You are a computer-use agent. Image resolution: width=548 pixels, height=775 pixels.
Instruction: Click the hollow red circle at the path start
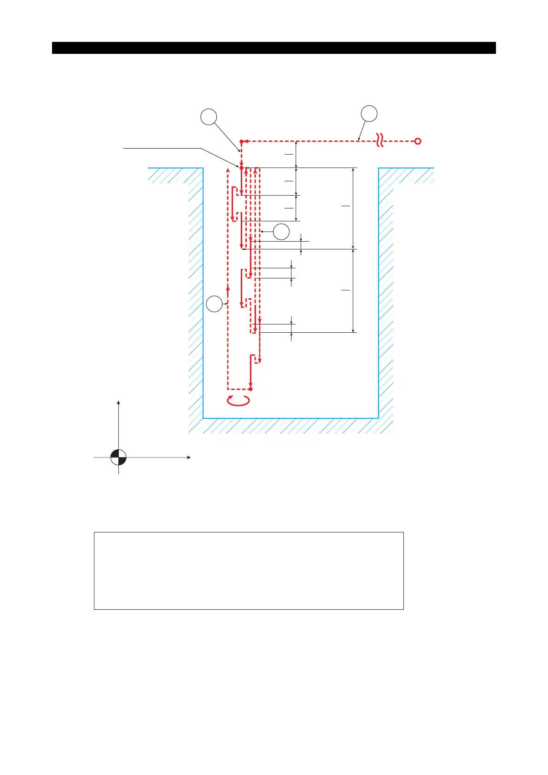point(418,141)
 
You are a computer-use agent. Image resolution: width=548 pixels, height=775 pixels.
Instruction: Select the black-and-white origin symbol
point(118,457)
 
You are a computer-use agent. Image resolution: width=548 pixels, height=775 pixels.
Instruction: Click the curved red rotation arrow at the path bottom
point(239,401)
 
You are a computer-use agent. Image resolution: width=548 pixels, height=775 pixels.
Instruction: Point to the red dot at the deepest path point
point(251,389)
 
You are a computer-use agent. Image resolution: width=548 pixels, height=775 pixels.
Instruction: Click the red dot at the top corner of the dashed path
point(241,141)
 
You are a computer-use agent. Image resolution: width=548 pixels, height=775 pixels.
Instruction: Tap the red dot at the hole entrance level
point(241,168)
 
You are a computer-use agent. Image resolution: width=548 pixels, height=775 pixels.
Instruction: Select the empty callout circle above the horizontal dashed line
point(369,114)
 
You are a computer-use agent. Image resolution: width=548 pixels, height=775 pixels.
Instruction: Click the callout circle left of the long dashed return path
point(214,304)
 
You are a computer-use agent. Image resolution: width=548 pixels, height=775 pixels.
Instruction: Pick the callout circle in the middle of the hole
point(281,231)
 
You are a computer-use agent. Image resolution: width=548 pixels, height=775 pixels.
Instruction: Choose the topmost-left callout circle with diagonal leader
point(209,117)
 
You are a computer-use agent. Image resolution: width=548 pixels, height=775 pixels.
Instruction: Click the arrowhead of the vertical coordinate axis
point(119,403)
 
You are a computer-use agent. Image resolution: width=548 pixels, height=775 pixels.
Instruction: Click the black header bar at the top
point(274,48)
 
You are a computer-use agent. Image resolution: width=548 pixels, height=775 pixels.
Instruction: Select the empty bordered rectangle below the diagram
point(249,571)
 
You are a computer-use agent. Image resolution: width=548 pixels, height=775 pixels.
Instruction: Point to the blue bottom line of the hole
point(291,418)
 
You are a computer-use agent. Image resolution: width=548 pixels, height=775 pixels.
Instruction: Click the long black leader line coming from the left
point(161,148)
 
